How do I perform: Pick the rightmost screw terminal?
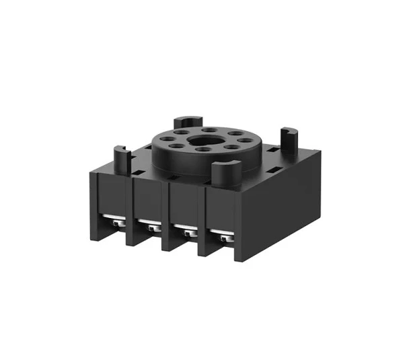coord(221,237)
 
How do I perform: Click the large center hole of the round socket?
coord(202,143)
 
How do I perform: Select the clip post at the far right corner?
coord(289,138)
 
